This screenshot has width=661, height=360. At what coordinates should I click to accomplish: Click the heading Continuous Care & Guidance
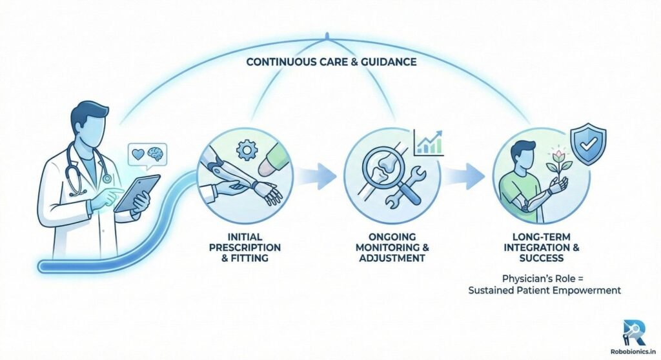[330, 64]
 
